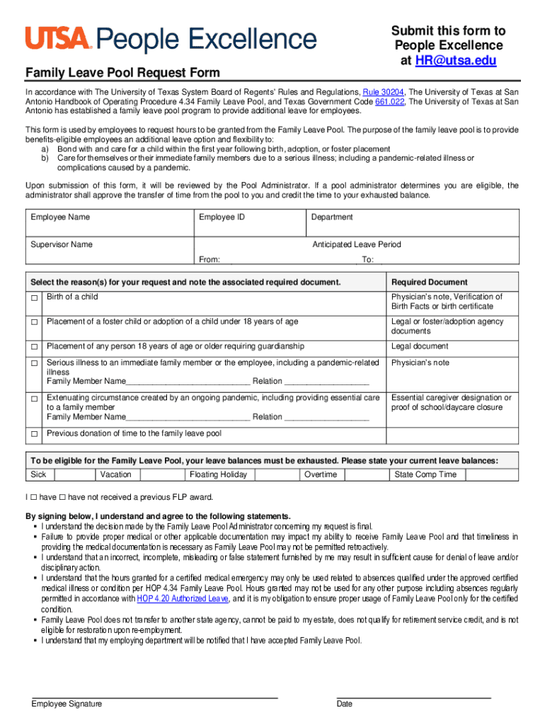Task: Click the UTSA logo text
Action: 59,38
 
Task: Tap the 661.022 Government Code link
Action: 389,101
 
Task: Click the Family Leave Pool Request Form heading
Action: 122,73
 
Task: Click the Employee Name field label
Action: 60,217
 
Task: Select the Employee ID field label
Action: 222,217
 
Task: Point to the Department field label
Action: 332,217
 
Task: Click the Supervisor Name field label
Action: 62,244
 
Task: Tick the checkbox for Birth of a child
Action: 34,298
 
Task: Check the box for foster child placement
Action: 34,323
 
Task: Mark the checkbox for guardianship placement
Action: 34,348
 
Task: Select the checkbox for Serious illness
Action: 34,364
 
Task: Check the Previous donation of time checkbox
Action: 34,434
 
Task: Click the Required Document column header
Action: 430,282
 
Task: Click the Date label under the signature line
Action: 345,704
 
